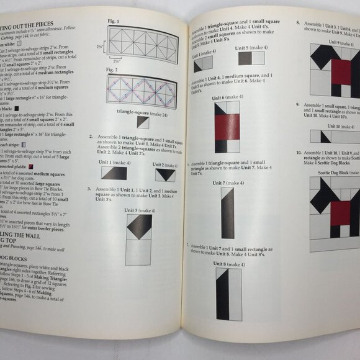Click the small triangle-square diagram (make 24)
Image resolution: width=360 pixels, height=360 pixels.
point(143,123)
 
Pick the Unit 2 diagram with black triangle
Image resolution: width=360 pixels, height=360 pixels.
point(165,175)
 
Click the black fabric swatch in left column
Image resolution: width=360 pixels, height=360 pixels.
point(25,107)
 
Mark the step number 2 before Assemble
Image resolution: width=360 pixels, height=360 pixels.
point(91,137)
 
